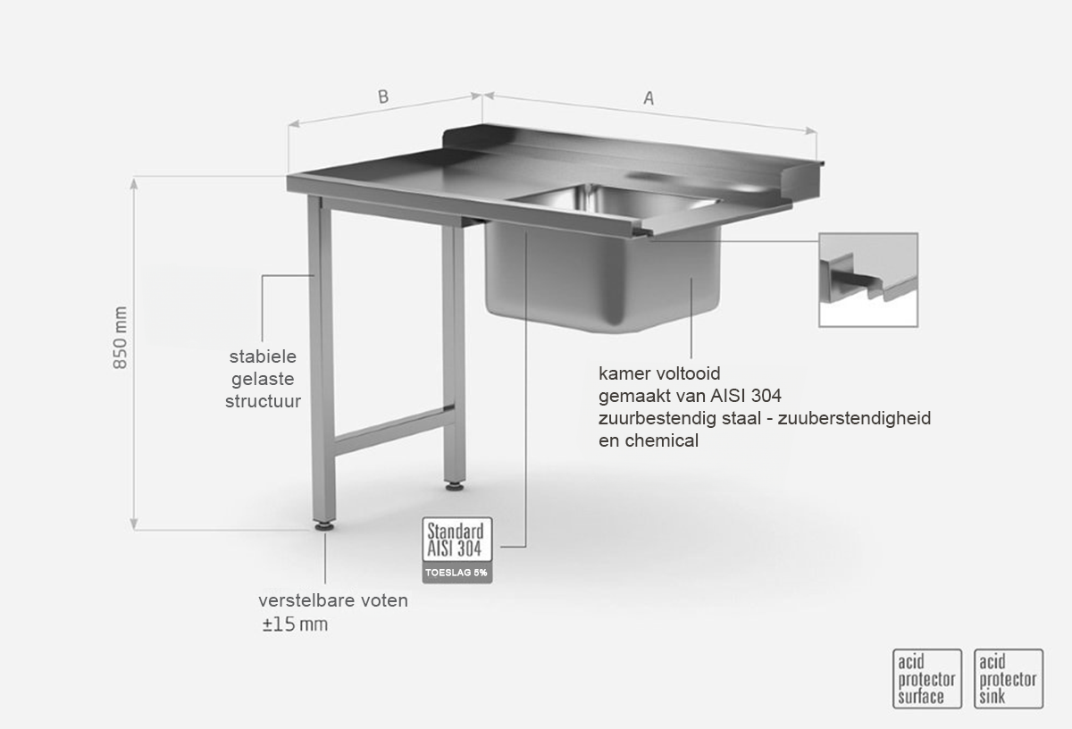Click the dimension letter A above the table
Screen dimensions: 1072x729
[649, 97]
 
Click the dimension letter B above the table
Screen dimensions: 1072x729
[383, 96]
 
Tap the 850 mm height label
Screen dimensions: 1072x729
[120, 338]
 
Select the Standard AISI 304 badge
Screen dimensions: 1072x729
[457, 539]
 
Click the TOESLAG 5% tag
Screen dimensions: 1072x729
[457, 573]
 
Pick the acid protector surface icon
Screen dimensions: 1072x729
[927, 679]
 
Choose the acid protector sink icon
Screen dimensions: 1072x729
[1009, 679]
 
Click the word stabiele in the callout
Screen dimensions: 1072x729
[263, 356]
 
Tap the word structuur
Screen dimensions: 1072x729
[263, 401]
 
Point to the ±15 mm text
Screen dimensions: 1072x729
[295, 624]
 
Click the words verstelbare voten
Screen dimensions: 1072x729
[333, 600]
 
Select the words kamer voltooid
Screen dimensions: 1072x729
[659, 373]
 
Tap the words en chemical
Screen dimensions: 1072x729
[649, 440]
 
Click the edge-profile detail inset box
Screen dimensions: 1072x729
[868, 280]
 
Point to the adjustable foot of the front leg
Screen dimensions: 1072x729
[325, 526]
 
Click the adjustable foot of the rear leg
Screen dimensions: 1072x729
[454, 486]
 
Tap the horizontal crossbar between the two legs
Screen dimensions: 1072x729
[394, 431]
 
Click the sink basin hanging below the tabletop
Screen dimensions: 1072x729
[602, 277]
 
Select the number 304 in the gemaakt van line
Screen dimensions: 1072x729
[766, 396]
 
